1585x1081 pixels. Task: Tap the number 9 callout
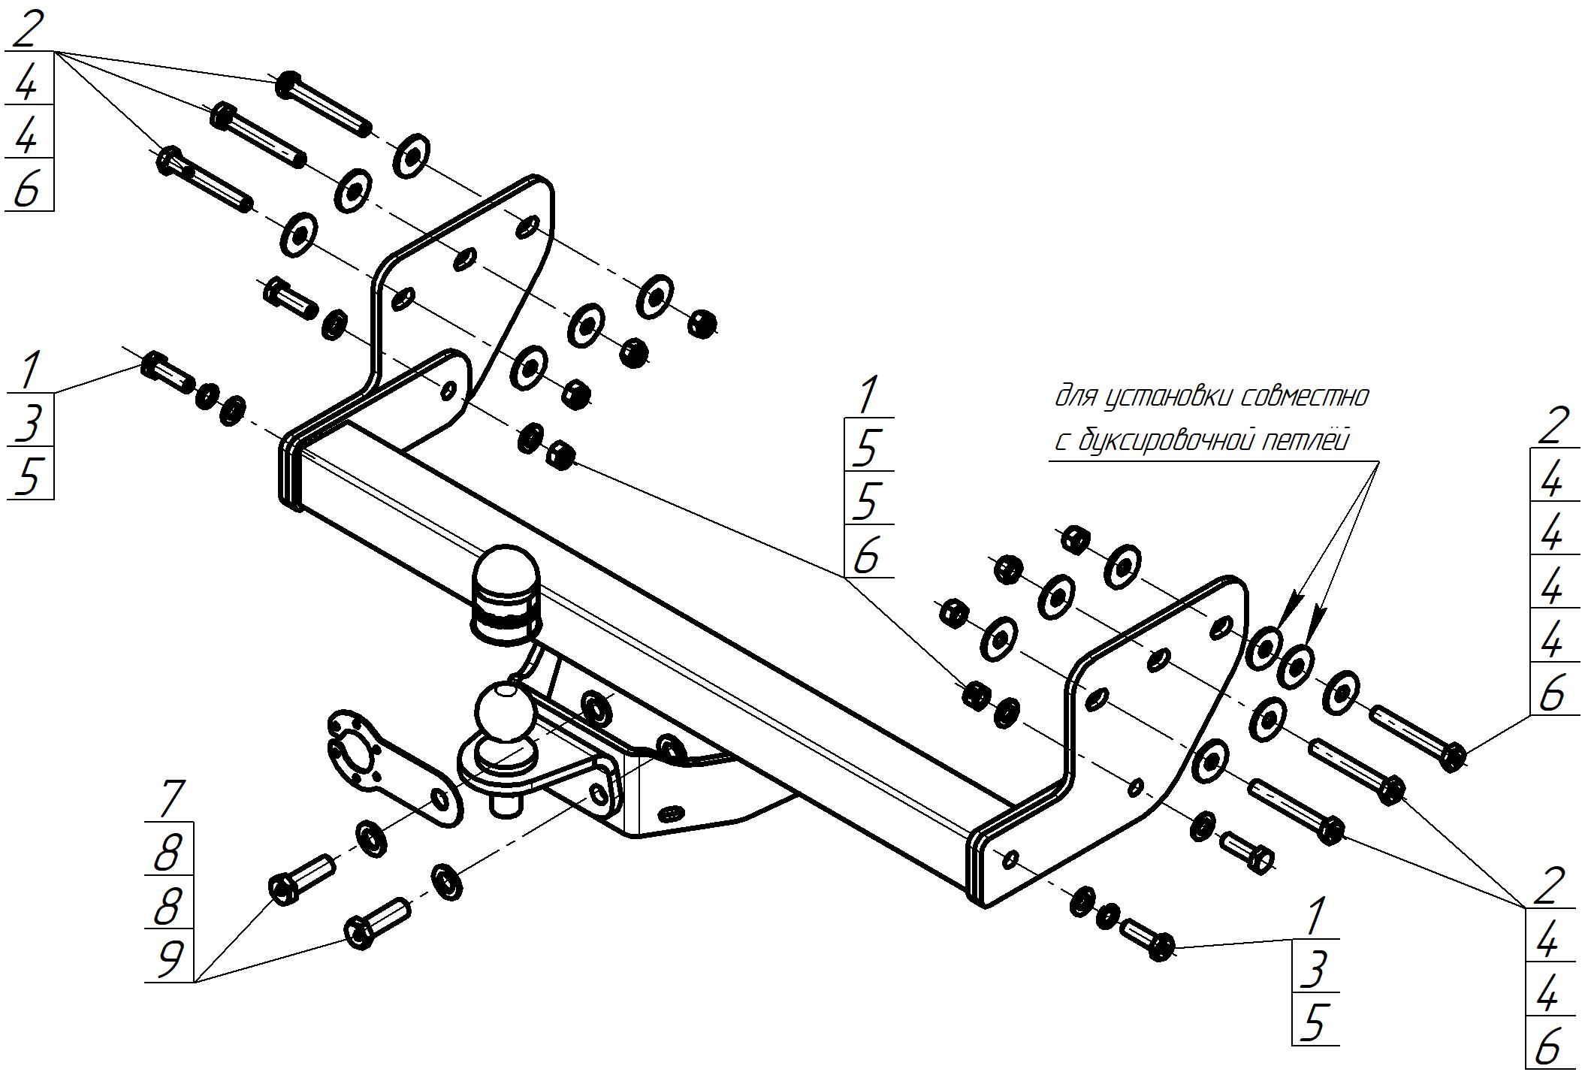[x=170, y=958]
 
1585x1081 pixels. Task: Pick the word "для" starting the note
[x=1075, y=396]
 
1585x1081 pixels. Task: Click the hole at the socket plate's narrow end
[x=439, y=799]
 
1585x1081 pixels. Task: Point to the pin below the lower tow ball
[x=503, y=805]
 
